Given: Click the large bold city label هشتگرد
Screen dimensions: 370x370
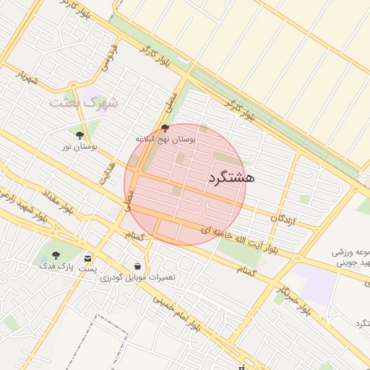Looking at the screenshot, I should tap(231, 176).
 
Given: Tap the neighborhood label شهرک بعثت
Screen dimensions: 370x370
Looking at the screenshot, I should tap(83, 103).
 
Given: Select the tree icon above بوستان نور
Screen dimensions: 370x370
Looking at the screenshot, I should tap(79, 134).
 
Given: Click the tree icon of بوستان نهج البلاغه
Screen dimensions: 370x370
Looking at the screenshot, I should tap(165, 127).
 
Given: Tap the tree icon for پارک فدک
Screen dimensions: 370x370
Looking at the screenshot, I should tap(56, 255).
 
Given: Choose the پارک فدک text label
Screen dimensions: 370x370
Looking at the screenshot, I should tap(56, 267).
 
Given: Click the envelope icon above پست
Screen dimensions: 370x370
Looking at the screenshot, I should tap(88, 258).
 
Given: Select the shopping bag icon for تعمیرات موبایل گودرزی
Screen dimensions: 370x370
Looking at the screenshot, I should tap(137, 266).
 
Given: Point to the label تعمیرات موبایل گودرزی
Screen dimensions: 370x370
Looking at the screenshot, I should tap(138, 277).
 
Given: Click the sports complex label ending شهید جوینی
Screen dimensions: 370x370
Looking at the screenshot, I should tap(350, 259).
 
